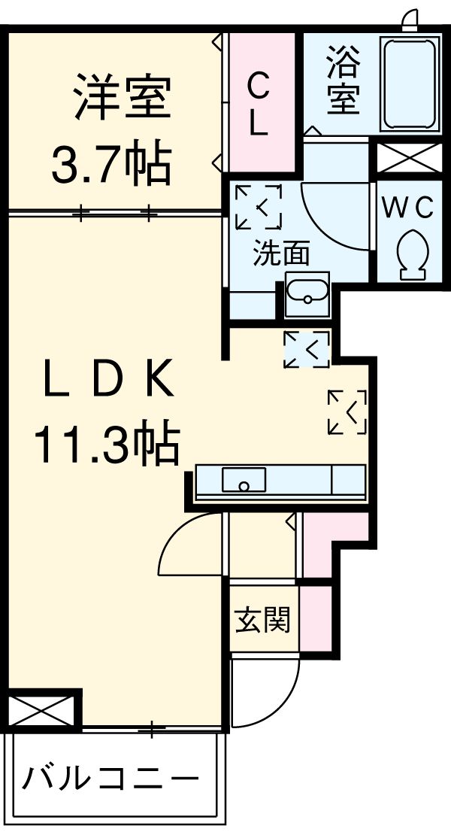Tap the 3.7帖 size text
[111, 163]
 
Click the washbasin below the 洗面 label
[307, 293]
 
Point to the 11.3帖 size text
[105, 445]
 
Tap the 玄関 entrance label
[262, 621]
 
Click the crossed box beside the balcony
[43, 709]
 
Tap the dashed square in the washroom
[259, 206]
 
